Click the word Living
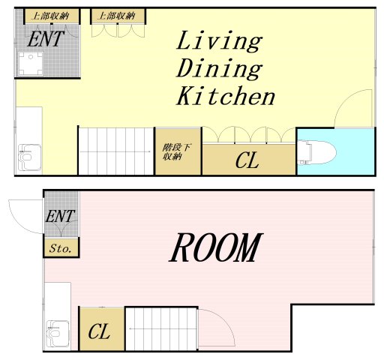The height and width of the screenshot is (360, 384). (219, 41)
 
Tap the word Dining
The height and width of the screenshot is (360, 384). (219, 68)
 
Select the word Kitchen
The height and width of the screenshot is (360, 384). (226, 96)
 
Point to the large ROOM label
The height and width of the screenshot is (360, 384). (216, 247)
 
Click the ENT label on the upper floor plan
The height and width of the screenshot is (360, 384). (46, 39)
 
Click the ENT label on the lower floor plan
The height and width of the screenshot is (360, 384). (60, 216)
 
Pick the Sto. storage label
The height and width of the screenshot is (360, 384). (61, 248)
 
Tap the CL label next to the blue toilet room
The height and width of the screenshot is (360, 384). (247, 160)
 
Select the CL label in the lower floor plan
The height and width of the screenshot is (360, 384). (99, 331)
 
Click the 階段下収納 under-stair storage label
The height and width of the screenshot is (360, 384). (176, 152)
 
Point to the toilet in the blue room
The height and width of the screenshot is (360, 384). (317, 152)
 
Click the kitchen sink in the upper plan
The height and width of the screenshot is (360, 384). (30, 157)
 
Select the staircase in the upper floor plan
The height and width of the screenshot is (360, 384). (115, 151)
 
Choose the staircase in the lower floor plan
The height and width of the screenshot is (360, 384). (161, 329)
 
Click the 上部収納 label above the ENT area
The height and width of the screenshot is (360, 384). (51, 16)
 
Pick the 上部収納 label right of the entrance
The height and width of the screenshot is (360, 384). (118, 16)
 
